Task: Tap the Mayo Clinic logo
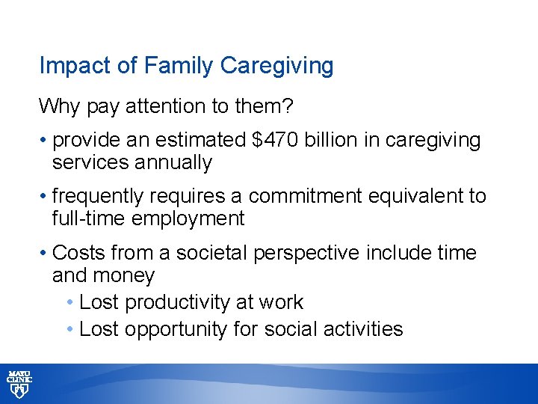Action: click(x=19, y=383)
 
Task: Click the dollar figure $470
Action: click(x=252, y=141)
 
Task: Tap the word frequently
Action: click(x=99, y=197)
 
